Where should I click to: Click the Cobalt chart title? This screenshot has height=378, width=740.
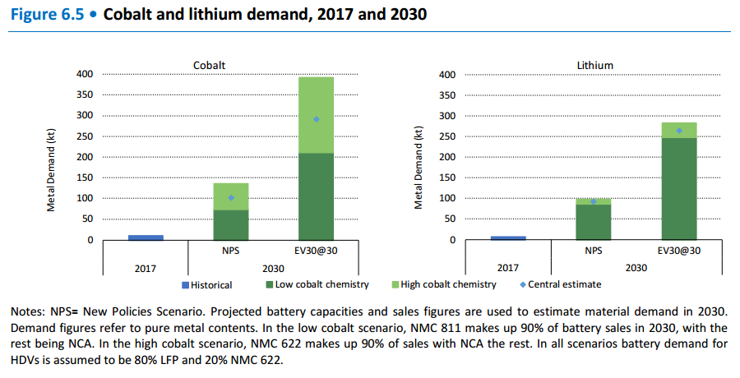click(209, 65)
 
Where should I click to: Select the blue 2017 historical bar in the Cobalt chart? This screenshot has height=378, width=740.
click(146, 237)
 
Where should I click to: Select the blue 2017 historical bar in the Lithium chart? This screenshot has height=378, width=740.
click(507, 237)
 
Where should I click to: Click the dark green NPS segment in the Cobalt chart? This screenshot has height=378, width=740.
click(231, 224)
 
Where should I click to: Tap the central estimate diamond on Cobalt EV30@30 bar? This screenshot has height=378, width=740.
click(316, 119)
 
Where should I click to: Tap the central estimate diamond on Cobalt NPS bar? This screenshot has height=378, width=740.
click(231, 197)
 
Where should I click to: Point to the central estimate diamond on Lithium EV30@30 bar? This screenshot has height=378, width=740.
click(678, 130)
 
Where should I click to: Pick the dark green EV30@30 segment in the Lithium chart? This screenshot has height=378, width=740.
click(678, 189)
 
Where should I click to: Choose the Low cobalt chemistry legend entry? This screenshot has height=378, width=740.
click(317, 285)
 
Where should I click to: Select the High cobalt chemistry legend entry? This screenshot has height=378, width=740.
click(444, 285)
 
